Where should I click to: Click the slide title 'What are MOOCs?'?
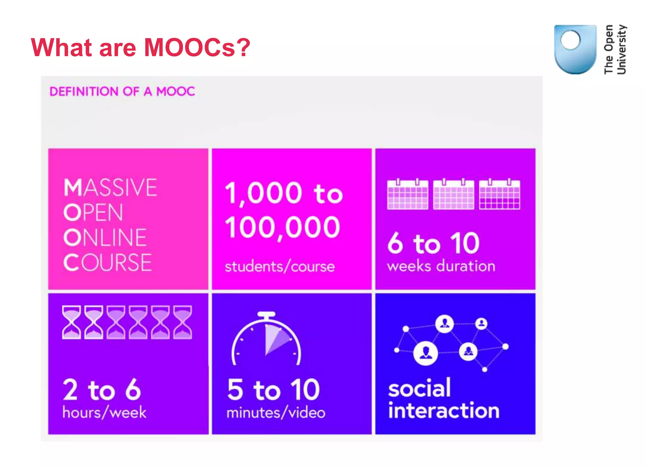point(140,47)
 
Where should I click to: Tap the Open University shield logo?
point(575,49)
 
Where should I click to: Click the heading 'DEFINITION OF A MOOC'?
point(122,92)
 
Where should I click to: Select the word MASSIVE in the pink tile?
point(110,187)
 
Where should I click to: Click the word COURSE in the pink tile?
point(107,263)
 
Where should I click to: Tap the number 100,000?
point(283,228)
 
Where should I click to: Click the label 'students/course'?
point(279,267)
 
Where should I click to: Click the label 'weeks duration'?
point(441,266)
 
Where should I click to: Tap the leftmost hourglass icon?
point(72,322)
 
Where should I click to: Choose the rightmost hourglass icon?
point(183,322)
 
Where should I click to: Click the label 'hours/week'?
point(104,412)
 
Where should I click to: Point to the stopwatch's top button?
point(266,315)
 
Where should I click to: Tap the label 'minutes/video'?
point(276,413)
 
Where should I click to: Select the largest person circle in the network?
point(426,353)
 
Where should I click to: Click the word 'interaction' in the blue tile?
point(444,411)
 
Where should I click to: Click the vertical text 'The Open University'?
point(615,50)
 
